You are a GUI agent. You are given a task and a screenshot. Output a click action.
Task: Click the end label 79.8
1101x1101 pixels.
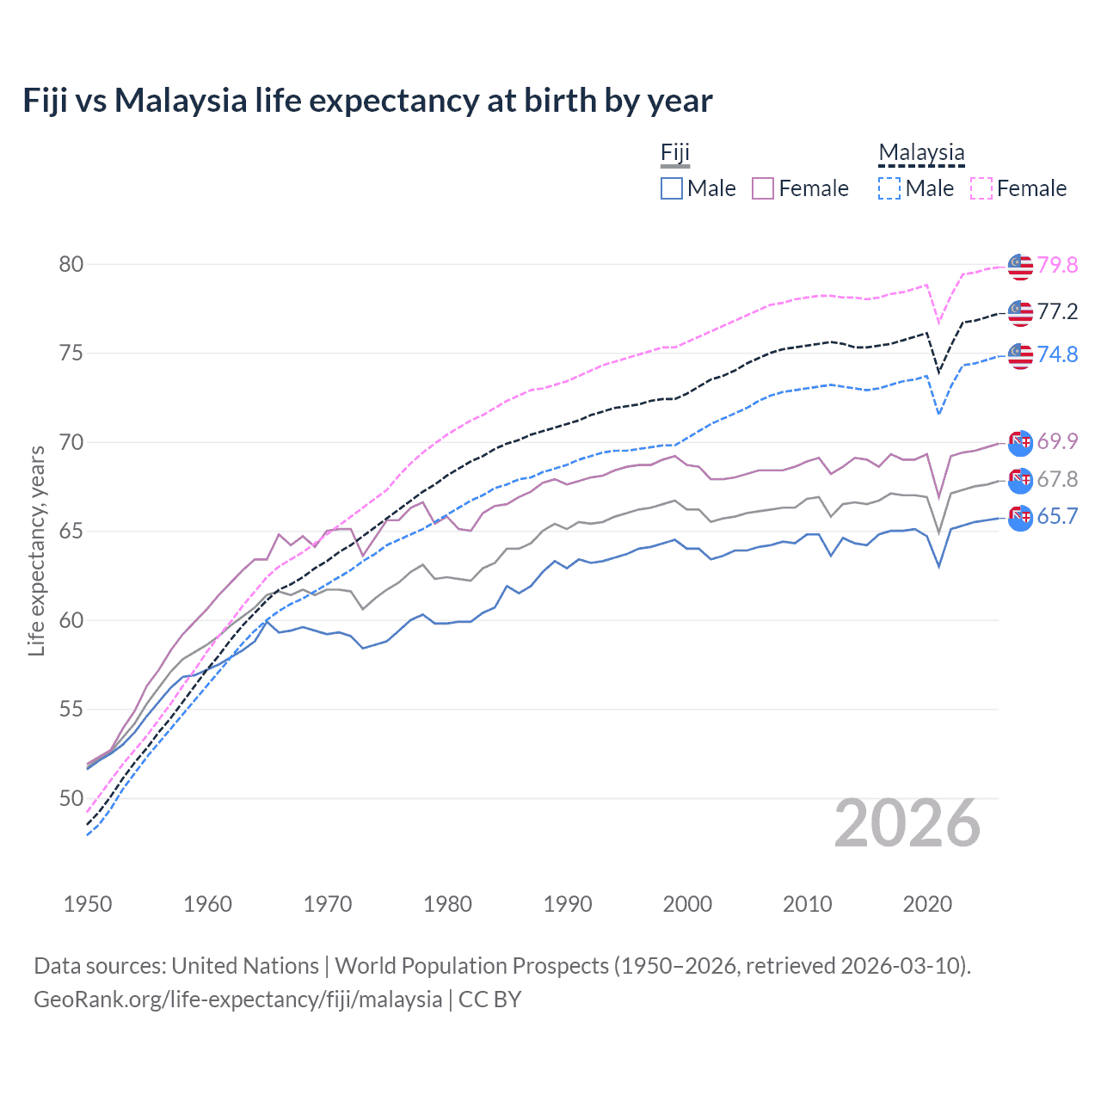1057,265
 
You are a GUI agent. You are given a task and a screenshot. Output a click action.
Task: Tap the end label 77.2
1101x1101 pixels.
1057,311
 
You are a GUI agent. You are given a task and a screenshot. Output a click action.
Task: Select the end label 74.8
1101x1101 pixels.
1057,354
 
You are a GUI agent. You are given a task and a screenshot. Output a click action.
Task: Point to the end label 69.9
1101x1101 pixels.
1057,442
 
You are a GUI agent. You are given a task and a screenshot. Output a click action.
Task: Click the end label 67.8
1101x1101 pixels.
1057,479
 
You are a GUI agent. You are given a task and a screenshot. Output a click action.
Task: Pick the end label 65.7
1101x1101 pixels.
1057,516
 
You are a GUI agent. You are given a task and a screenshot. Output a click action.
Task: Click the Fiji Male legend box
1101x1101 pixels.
672,188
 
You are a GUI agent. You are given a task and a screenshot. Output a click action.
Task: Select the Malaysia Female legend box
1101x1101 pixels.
981,188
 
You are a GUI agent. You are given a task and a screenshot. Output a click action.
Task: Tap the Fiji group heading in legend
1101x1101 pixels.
675,153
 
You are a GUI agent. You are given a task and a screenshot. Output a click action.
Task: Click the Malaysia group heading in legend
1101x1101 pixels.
921,153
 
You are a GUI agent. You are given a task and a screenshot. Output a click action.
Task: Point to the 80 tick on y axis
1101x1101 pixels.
71,264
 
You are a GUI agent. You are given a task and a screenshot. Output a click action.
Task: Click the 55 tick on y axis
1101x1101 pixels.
71,710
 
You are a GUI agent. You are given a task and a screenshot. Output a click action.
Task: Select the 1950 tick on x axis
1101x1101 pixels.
88,904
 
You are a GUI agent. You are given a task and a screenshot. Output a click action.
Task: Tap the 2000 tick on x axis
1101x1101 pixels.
687,904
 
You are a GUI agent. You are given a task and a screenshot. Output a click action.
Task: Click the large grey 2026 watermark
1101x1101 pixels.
907,823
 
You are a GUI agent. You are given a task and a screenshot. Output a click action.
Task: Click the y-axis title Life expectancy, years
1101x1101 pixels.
37,550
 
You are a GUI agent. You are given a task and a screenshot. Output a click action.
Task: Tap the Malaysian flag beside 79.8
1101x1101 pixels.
1020,267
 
